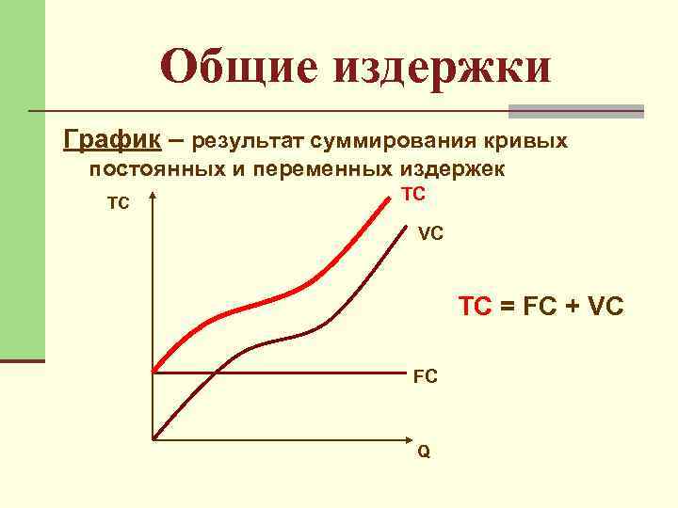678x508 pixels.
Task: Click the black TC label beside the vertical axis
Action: (119, 203)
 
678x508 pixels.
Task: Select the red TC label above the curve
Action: (413, 194)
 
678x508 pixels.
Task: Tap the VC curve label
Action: (431, 232)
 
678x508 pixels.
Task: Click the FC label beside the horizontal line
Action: (425, 377)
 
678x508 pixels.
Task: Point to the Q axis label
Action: (424, 452)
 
